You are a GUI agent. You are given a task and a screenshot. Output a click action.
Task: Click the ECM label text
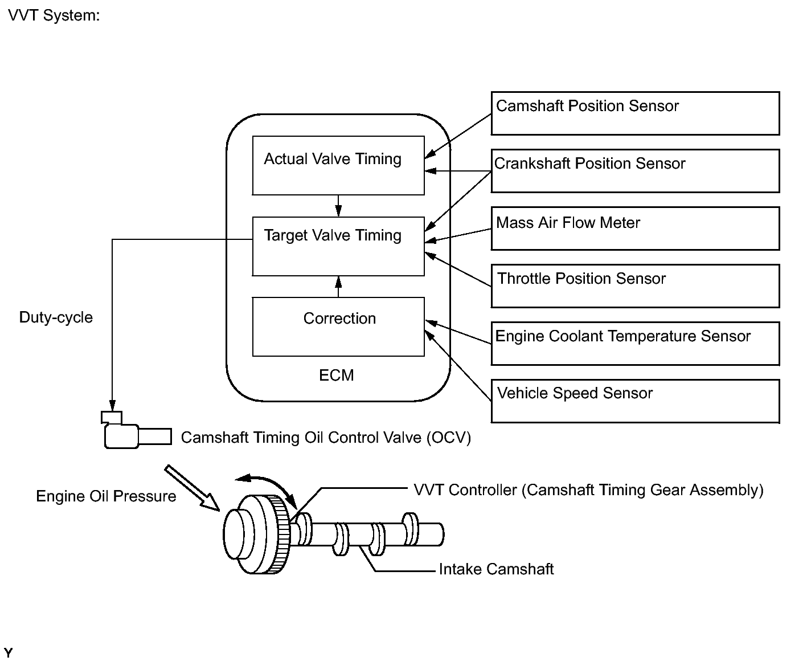click(x=336, y=376)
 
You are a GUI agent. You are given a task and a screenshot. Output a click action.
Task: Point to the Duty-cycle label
click(x=56, y=317)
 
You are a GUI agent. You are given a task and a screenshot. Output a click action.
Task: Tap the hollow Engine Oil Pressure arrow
click(x=192, y=488)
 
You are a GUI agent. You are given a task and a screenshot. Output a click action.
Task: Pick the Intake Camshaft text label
click(x=496, y=569)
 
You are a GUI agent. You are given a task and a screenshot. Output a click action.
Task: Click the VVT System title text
click(x=54, y=15)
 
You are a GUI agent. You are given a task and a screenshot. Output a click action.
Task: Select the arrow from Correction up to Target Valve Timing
click(x=338, y=287)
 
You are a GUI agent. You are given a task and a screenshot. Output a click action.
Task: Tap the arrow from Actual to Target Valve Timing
click(x=338, y=206)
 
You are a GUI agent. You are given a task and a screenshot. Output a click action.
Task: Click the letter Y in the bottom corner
click(x=8, y=652)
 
